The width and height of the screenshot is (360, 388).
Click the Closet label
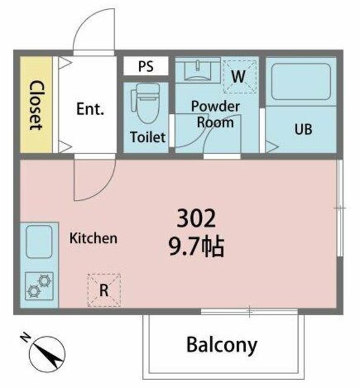[36, 105]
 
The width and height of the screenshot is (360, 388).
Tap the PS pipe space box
[146, 66]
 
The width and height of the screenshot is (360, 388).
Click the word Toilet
[148, 137]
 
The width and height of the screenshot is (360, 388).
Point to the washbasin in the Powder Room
[198, 70]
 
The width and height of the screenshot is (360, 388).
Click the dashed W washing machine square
[240, 77]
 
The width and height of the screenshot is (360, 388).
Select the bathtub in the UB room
[301, 82]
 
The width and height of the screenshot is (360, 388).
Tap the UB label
[304, 129]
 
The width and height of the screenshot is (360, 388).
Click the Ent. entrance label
[90, 109]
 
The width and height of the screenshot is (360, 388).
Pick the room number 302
[196, 218]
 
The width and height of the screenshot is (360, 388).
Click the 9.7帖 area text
[196, 247]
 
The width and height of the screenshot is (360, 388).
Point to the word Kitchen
[93, 238]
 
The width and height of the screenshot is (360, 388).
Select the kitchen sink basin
[39, 241]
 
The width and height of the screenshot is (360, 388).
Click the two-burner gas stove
[39, 286]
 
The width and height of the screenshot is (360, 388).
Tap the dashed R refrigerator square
[104, 290]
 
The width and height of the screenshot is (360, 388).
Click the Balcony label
[222, 345]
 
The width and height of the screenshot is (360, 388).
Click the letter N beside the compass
[25, 338]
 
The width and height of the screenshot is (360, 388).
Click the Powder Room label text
[216, 115]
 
